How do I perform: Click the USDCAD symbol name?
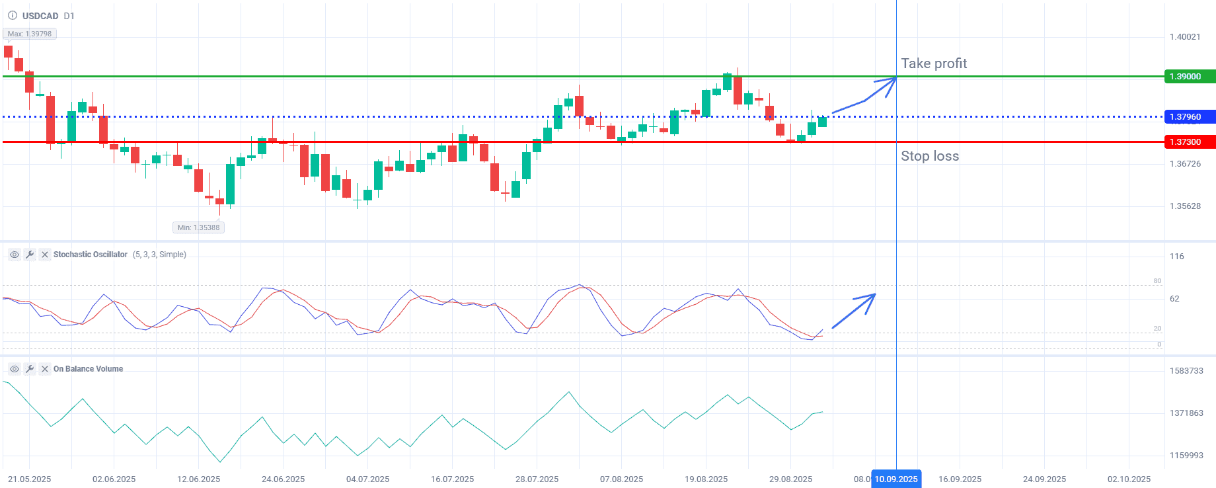pos(40,16)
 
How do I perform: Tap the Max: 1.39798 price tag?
pos(30,34)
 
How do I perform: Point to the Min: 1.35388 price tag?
pos(198,227)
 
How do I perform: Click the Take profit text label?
pos(934,63)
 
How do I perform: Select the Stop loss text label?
pos(930,156)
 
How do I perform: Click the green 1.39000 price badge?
pos(1188,77)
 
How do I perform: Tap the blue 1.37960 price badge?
pos(1188,117)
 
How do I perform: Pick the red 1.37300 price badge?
pos(1188,142)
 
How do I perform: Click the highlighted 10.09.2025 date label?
pos(896,479)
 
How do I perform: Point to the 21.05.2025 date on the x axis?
pos(30,479)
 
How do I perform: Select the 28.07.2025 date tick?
pos(537,479)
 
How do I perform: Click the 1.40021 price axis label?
pos(1185,37)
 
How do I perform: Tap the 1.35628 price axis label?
pos(1185,206)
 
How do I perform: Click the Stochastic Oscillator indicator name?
pos(91,255)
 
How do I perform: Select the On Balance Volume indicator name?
pos(88,369)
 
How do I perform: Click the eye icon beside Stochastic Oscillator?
pos(15,255)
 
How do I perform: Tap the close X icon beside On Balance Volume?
pos(45,369)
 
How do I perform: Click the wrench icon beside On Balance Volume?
pos(30,369)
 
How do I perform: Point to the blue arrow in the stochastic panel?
pos(855,310)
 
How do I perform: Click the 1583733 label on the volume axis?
pos(1186,371)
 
